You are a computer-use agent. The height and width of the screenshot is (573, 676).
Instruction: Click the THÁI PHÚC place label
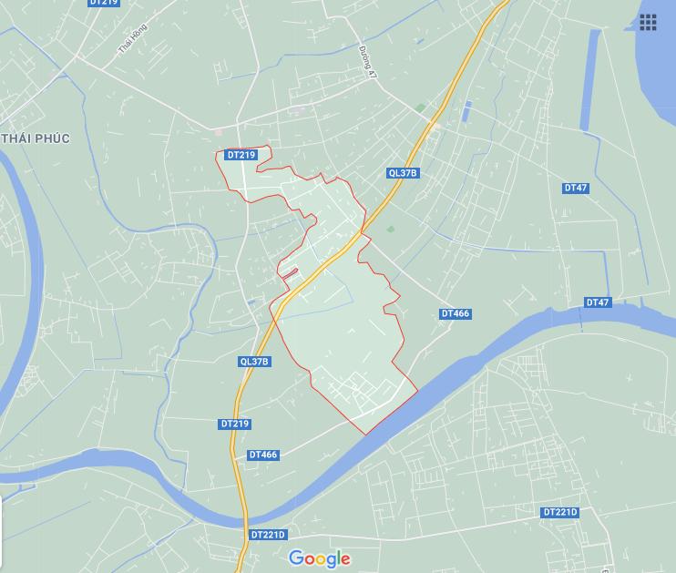pyautogui.click(x=36, y=138)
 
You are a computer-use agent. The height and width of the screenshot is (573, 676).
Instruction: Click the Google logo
pyautogui.click(x=319, y=558)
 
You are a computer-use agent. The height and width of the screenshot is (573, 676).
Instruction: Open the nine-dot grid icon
pyautogui.click(x=648, y=23)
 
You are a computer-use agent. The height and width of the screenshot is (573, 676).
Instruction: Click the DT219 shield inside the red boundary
pyautogui.click(x=241, y=156)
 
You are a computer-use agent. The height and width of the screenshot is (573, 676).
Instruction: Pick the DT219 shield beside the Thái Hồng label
pyautogui.click(x=105, y=4)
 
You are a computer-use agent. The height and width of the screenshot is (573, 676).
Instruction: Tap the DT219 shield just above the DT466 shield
pyautogui.click(x=235, y=425)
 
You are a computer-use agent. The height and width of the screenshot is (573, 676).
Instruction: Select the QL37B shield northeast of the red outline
pyautogui.click(x=402, y=173)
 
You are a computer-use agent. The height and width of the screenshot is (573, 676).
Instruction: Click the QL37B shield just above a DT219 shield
pyautogui.click(x=254, y=362)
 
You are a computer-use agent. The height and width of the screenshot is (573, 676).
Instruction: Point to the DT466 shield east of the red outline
pyautogui.click(x=455, y=314)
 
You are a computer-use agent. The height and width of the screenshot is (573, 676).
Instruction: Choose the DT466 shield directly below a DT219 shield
pyautogui.click(x=262, y=455)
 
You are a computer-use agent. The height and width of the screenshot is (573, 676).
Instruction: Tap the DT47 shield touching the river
pyautogui.click(x=598, y=302)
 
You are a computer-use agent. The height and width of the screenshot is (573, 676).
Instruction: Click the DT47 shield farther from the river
pyautogui.click(x=575, y=189)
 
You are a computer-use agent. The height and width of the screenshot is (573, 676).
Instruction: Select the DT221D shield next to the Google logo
pyautogui.click(x=267, y=535)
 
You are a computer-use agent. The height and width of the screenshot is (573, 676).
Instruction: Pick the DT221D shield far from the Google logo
pyautogui.click(x=559, y=513)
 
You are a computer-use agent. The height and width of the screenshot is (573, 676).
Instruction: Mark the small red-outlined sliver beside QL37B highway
pyautogui.click(x=289, y=272)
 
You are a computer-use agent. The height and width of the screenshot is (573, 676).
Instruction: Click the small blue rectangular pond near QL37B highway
pyautogui.click(x=466, y=111)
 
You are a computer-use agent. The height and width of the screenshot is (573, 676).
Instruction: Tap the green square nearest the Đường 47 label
pyautogui.click(x=420, y=108)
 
